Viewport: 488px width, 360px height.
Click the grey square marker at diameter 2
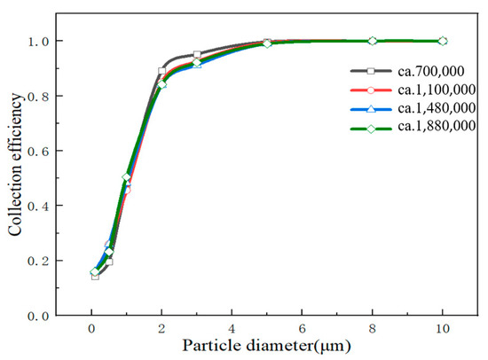(161, 71)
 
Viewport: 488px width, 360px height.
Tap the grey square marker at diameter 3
(197, 55)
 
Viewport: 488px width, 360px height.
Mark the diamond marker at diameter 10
(443, 41)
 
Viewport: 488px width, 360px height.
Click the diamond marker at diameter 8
(373, 41)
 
